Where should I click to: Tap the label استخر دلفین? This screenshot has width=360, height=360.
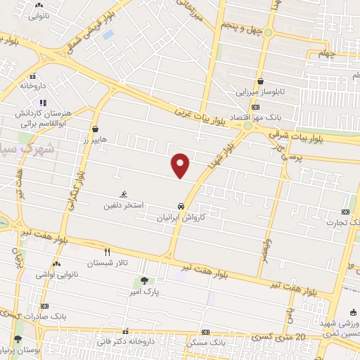124,205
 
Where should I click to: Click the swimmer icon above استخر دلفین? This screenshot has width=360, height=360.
124,195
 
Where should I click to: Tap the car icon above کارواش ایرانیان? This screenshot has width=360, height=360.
182,207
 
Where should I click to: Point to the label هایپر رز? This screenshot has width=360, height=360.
94,140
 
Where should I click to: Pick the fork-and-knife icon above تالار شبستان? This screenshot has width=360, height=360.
107,251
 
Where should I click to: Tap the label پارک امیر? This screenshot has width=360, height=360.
143,290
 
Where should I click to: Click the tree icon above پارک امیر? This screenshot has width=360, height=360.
144,280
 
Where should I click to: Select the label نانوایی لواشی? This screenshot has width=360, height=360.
56,274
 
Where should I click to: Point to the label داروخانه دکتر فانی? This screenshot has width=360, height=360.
126,342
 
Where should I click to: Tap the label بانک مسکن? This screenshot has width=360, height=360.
206,342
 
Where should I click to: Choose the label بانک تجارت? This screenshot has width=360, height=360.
341,222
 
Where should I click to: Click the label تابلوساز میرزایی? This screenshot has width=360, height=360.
261,92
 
